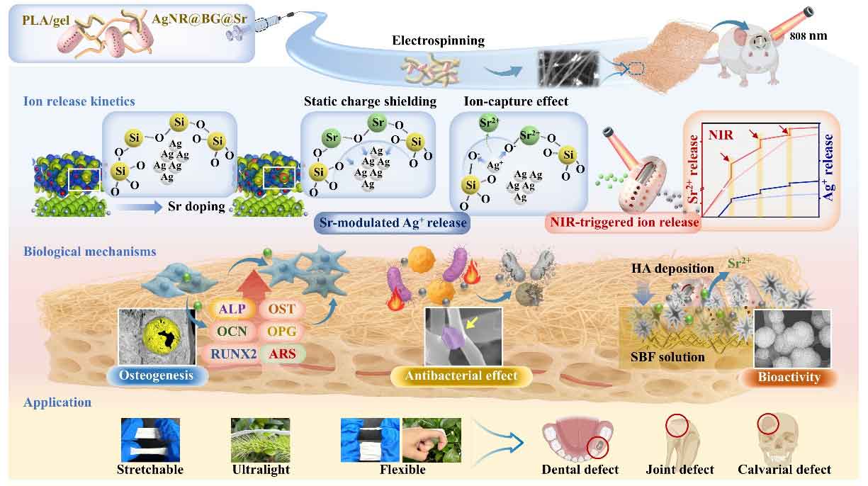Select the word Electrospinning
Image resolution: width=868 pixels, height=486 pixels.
tap(438, 40)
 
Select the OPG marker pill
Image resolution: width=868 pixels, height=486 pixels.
tap(282, 332)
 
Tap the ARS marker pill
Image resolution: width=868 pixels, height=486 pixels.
tap(282, 353)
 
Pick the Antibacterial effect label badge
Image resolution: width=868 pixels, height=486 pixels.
tap(461, 376)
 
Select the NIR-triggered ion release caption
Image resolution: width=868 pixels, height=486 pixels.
tap(624, 223)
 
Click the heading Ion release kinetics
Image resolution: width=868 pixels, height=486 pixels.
tap(79, 101)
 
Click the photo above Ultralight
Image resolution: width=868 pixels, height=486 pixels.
tap(260, 439)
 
